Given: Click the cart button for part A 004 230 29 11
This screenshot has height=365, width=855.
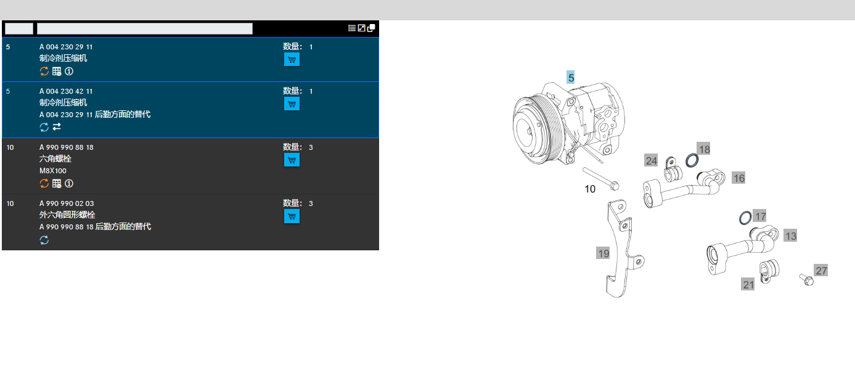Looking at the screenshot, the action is (292, 60).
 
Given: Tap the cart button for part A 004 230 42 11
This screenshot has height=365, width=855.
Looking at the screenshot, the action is (292, 104).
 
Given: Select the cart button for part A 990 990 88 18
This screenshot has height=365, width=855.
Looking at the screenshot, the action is (292, 160).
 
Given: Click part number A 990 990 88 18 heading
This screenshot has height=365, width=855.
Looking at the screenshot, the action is (67, 147).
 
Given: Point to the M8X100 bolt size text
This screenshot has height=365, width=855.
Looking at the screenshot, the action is (52, 171).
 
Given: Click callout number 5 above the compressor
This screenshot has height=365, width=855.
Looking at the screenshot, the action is (571, 78).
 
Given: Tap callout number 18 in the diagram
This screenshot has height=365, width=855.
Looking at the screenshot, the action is (704, 149).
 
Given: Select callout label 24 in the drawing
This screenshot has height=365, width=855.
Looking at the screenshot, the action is (651, 161).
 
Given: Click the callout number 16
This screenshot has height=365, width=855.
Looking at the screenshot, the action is (738, 178).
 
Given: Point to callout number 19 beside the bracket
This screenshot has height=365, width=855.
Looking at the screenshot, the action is (603, 253).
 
